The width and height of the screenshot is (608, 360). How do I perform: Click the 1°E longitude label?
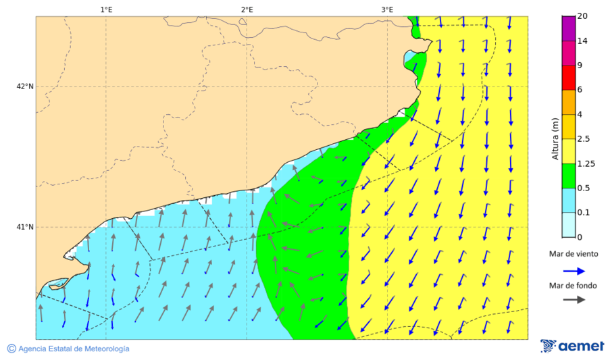click(106, 9)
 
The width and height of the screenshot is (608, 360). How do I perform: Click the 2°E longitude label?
click(247, 9)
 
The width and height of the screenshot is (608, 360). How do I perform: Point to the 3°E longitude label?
click(387, 9)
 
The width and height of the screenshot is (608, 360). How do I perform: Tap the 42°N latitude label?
click(25, 86)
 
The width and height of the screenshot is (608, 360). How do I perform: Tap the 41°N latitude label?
click(25, 227)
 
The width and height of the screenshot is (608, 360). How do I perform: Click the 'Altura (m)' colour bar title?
click(555, 139)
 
